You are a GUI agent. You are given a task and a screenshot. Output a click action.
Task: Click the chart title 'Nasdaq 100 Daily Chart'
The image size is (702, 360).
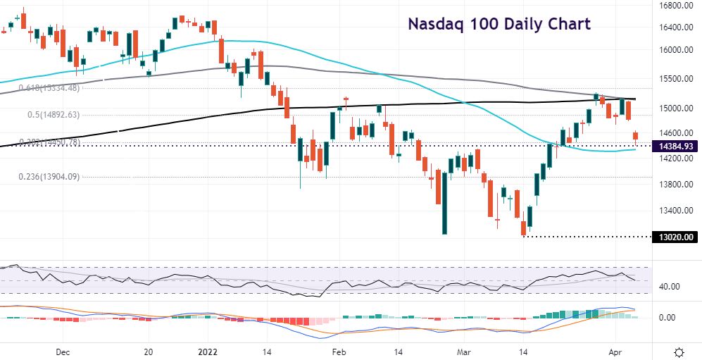pyautogui.click(x=499, y=24)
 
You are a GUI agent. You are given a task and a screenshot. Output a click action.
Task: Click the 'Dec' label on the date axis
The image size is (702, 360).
pyautogui.click(x=62, y=350)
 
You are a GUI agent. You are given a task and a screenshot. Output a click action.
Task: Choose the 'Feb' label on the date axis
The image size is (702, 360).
pyautogui.click(x=339, y=350)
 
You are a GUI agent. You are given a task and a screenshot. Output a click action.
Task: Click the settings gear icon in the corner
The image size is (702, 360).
pyautogui.click(x=679, y=351)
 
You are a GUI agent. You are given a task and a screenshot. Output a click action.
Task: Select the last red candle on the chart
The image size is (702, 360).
pyautogui.click(x=636, y=137)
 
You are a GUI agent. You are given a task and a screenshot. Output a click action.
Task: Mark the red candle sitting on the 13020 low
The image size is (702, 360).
pyautogui.click(x=523, y=228)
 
